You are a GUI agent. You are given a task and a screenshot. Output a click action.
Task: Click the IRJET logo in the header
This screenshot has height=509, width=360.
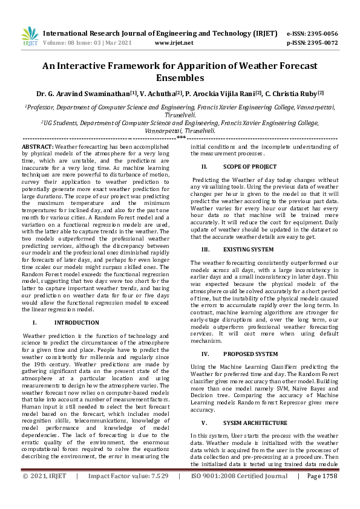(x=29, y=37)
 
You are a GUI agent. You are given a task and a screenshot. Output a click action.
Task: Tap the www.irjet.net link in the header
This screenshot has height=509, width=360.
(x=174, y=43)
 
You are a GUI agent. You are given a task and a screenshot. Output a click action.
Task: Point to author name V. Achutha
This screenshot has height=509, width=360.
(x=155, y=94)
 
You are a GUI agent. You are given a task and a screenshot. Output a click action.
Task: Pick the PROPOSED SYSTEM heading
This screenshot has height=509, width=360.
(x=250, y=354)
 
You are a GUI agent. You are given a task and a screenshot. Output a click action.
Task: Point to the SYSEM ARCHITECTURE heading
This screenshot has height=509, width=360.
(x=254, y=423)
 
